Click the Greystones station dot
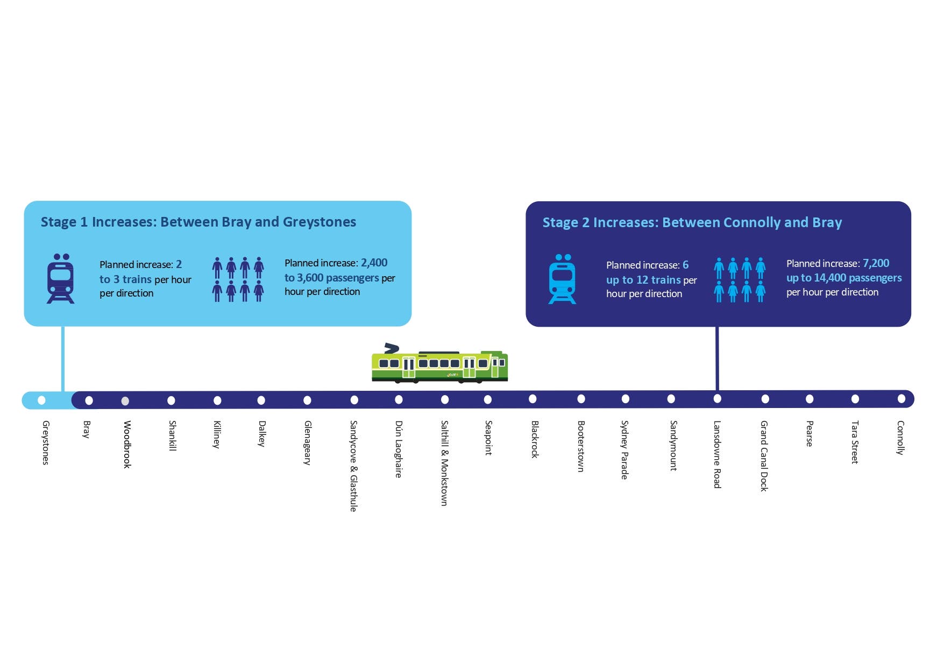click(x=41, y=400)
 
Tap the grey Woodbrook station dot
click(x=125, y=401)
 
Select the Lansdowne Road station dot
click(x=717, y=399)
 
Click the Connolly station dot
click(x=902, y=399)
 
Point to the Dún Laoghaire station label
click(x=399, y=449)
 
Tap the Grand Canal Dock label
click(x=764, y=455)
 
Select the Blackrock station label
click(x=535, y=439)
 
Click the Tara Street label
click(x=855, y=442)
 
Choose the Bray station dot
click(x=89, y=400)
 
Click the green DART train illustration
click(x=439, y=365)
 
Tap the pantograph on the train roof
click(x=392, y=348)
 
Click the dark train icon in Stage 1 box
click(x=60, y=279)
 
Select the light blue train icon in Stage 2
click(x=562, y=279)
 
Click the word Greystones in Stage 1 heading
click(x=319, y=222)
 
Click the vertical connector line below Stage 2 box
click(x=717, y=358)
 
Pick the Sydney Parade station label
click(x=624, y=449)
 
